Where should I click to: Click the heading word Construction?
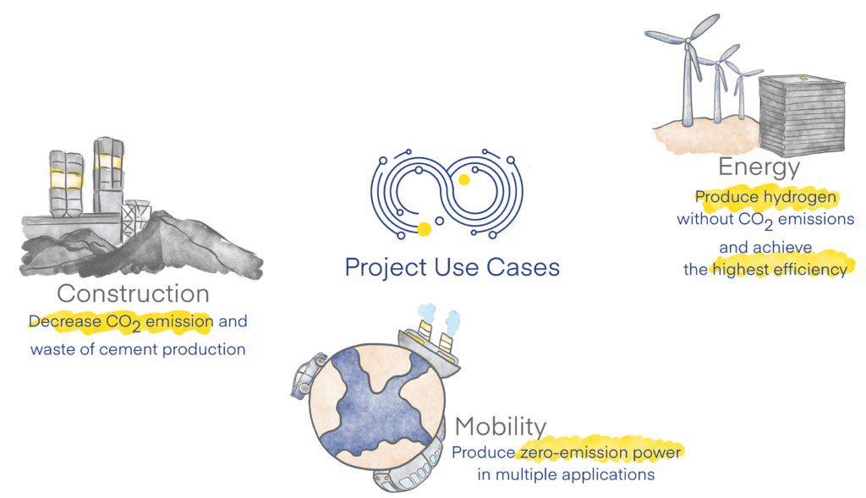[133, 293]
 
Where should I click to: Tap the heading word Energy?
[759, 167]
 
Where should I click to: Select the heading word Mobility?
[501, 427]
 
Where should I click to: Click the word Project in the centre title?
[386, 268]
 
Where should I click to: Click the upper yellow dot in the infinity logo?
[464, 179]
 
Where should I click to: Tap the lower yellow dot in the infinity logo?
[425, 228]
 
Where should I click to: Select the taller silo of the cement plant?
[108, 176]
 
